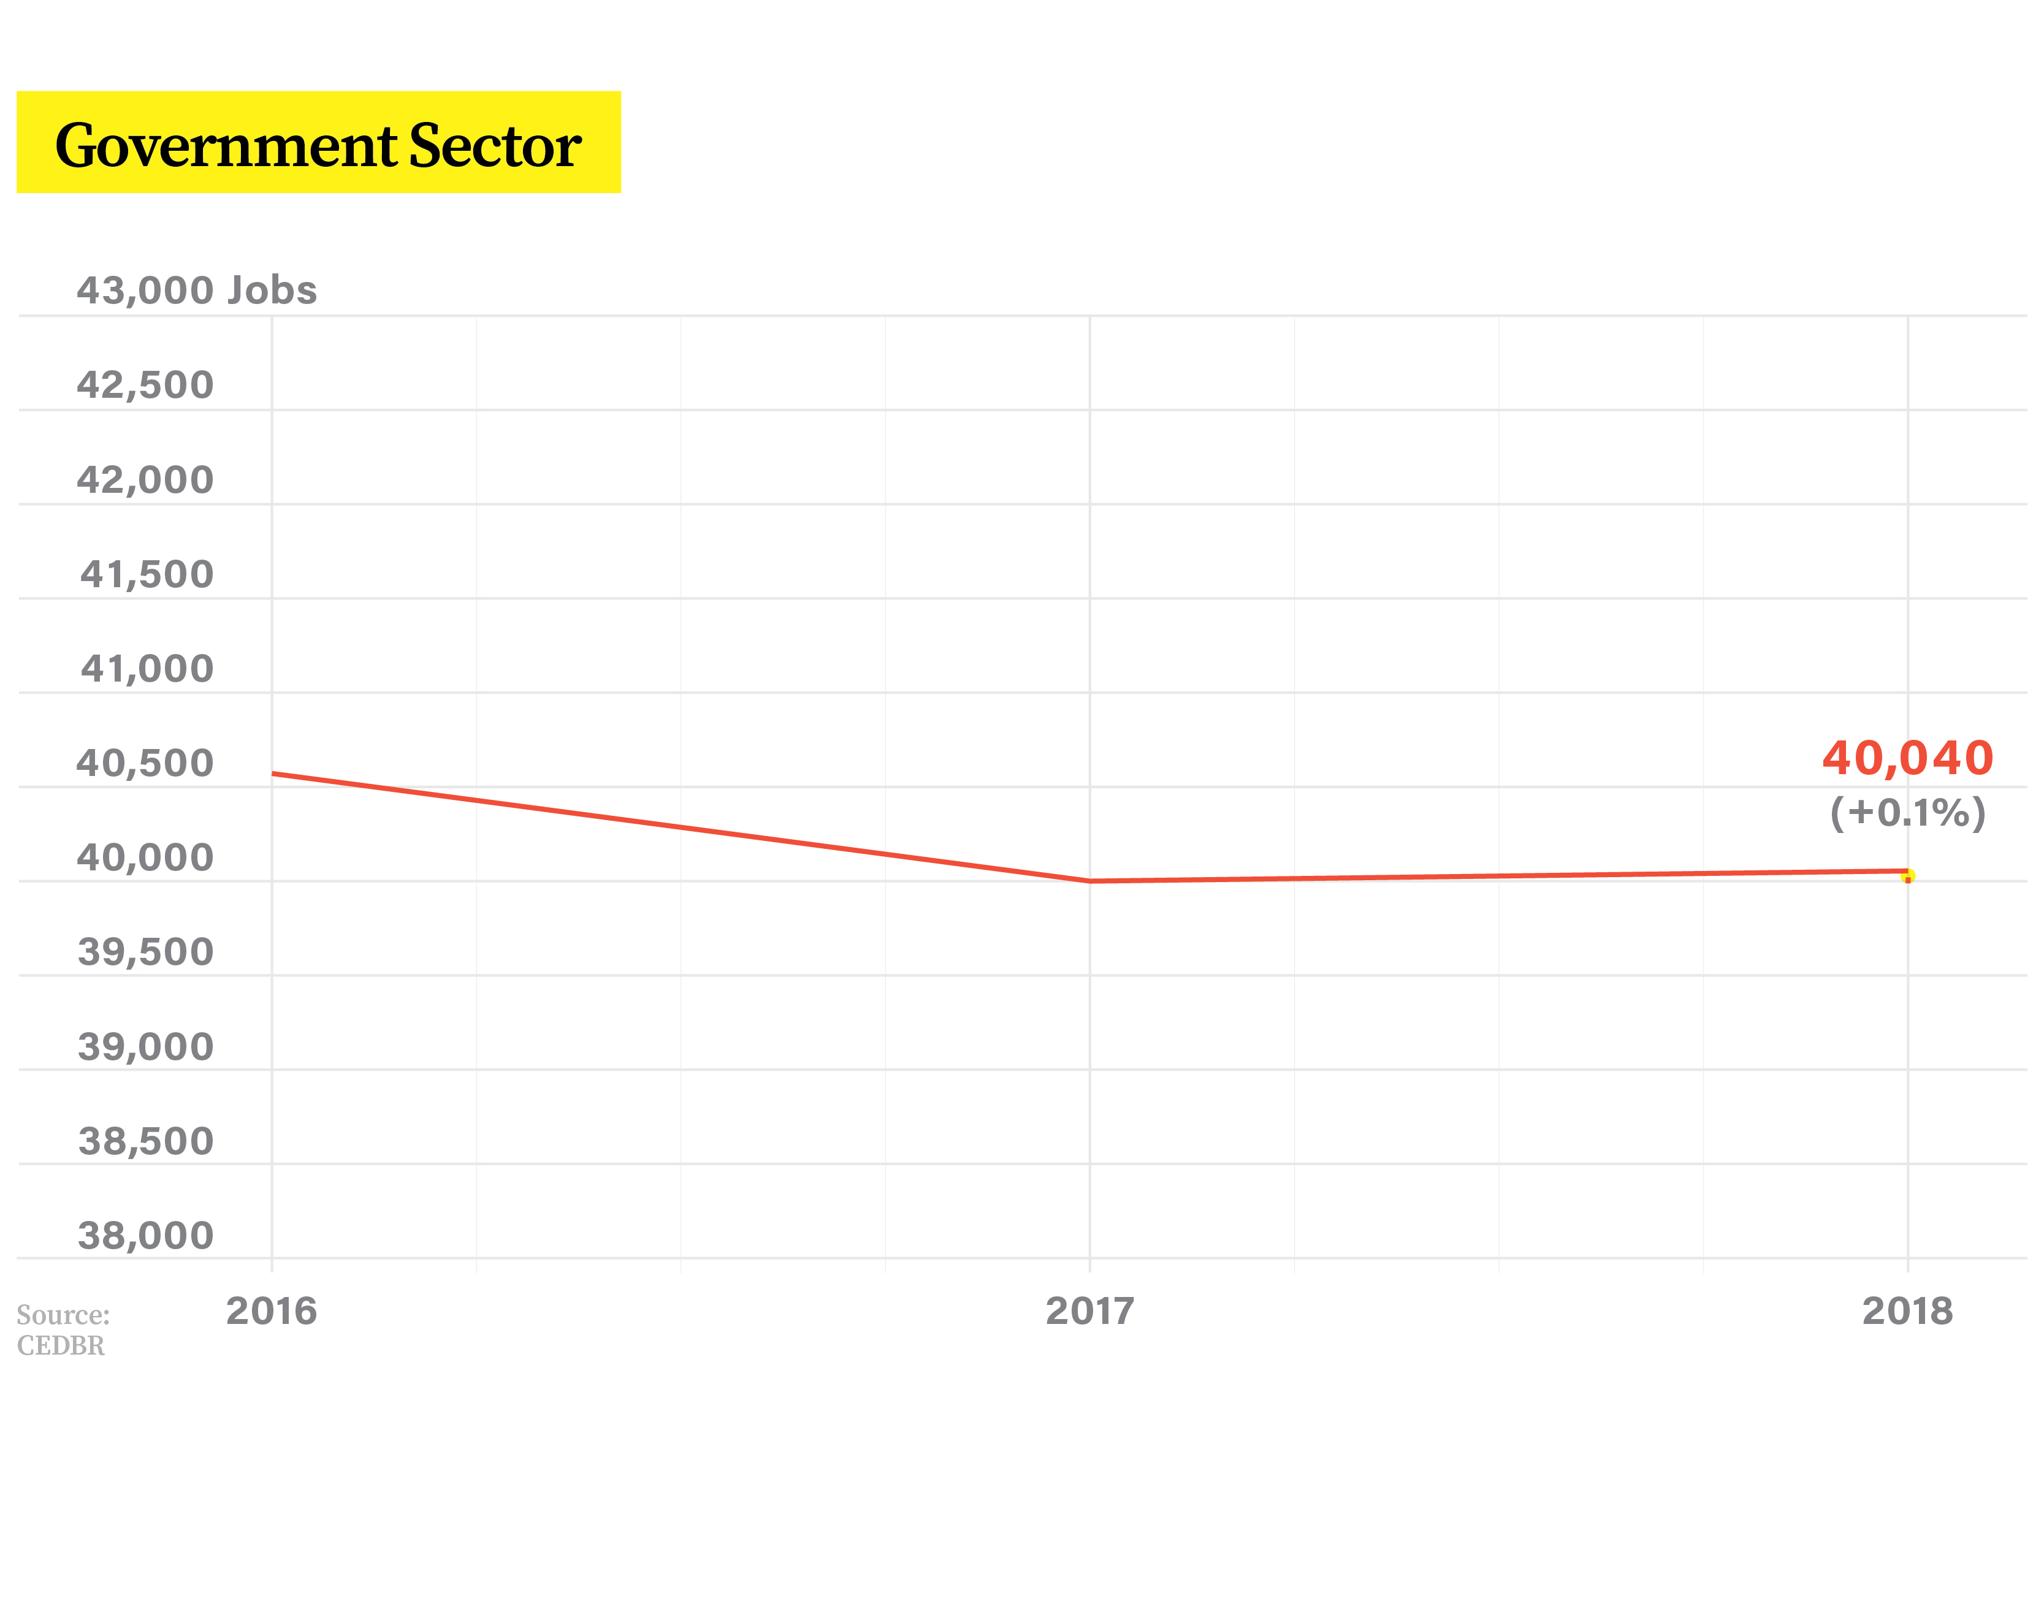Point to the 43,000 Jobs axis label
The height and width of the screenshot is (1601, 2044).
[197, 291]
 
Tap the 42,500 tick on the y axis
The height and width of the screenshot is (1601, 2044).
[145, 386]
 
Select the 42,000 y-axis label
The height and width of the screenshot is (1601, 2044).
[145, 480]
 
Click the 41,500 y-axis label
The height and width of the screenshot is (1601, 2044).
[147, 574]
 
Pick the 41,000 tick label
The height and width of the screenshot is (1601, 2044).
[147, 668]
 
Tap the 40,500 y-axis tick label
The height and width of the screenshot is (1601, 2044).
[145, 763]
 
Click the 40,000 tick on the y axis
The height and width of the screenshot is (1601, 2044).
[145, 858]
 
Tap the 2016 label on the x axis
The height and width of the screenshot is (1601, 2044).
[272, 1311]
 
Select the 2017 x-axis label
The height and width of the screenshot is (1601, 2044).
[1089, 1311]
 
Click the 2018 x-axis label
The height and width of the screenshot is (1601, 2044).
[1907, 1311]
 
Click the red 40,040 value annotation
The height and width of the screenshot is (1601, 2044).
[1907, 758]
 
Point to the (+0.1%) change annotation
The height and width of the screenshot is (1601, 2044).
[1907, 813]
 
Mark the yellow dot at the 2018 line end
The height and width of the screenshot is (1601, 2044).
[1907, 877]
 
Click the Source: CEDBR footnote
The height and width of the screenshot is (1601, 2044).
[63, 1330]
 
